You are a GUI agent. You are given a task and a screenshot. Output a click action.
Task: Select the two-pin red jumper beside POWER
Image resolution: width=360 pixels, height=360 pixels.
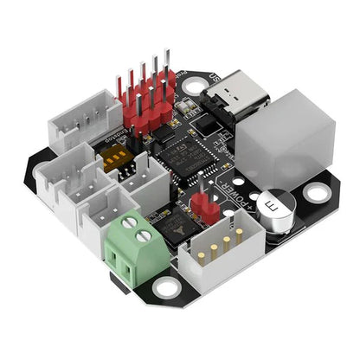(x=205, y=202)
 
